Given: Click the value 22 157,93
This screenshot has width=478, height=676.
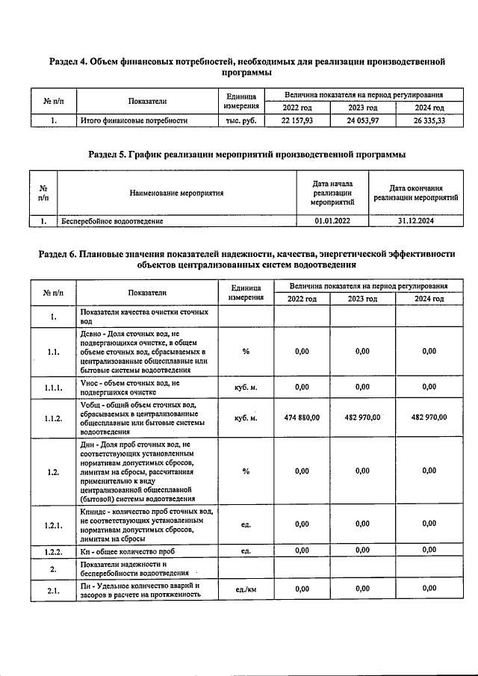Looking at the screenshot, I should (302, 120).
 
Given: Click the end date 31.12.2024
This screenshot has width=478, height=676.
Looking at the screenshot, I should (416, 221).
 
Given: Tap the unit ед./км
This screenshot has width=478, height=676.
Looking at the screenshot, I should (246, 589).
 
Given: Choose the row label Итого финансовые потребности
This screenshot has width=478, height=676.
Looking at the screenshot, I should (134, 120).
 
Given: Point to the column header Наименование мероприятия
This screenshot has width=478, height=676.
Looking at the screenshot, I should (176, 193).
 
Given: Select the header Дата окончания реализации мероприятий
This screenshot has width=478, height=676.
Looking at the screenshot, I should (416, 193).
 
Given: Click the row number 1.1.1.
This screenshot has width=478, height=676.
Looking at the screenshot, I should (54, 386).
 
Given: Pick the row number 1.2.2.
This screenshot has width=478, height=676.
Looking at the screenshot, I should (54, 551).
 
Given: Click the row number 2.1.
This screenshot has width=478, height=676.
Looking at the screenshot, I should (54, 589).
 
